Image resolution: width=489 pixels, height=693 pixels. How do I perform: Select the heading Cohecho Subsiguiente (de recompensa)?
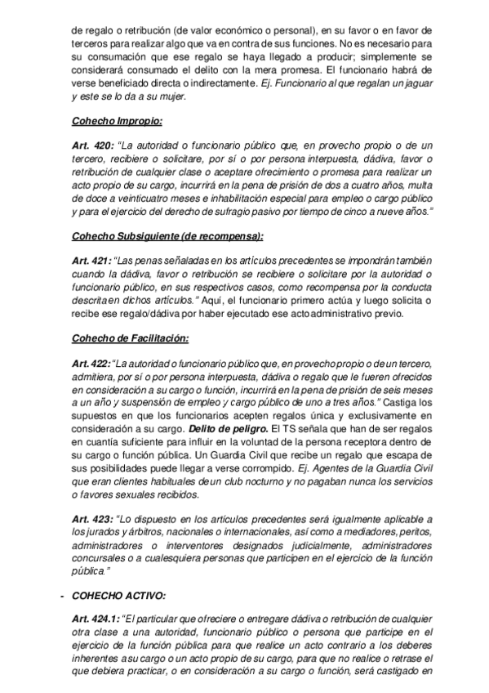167,236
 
